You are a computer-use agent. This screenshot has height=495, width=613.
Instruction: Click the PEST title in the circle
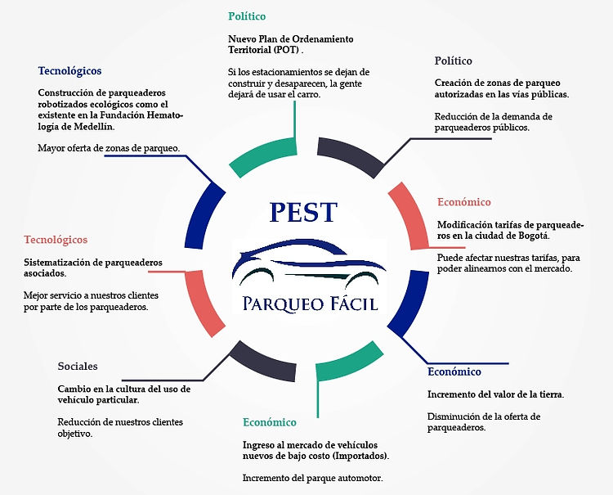[x=302, y=213]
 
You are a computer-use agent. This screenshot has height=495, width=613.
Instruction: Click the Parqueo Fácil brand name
[x=310, y=304]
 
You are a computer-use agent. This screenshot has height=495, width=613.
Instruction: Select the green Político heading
[x=247, y=16]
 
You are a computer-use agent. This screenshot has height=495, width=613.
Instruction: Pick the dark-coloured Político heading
[x=454, y=61]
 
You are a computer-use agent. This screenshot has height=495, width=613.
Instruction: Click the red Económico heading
[x=463, y=202]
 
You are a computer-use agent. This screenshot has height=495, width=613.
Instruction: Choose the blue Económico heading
[x=454, y=372]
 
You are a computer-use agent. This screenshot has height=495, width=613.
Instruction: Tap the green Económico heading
[x=270, y=422]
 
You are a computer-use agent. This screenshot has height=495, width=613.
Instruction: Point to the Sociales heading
[x=78, y=366]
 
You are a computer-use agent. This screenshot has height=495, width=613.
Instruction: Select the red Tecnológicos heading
[x=56, y=240]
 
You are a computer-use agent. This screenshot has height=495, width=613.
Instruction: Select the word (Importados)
[x=360, y=455]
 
